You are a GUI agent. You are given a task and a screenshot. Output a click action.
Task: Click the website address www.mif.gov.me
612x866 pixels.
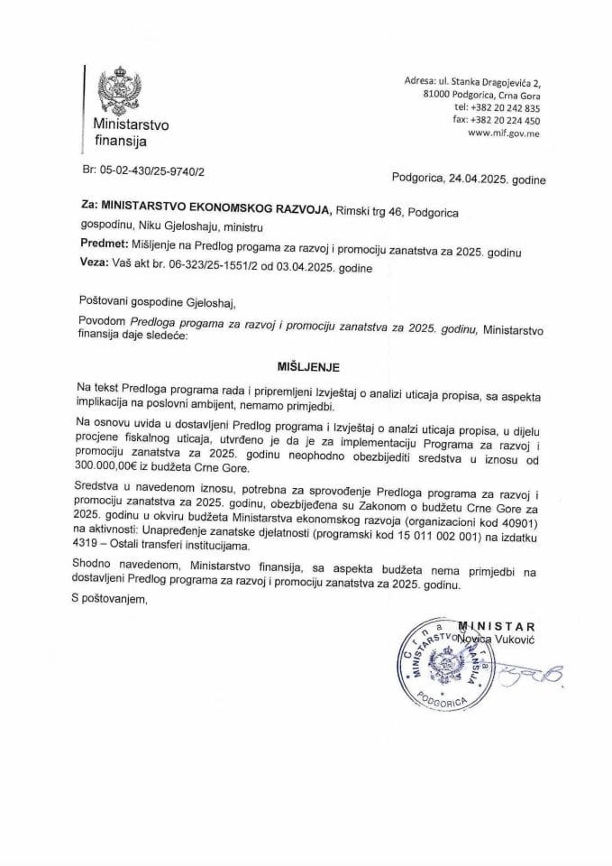(504, 134)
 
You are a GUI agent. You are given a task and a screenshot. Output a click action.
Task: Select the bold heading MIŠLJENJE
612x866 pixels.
(306, 368)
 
